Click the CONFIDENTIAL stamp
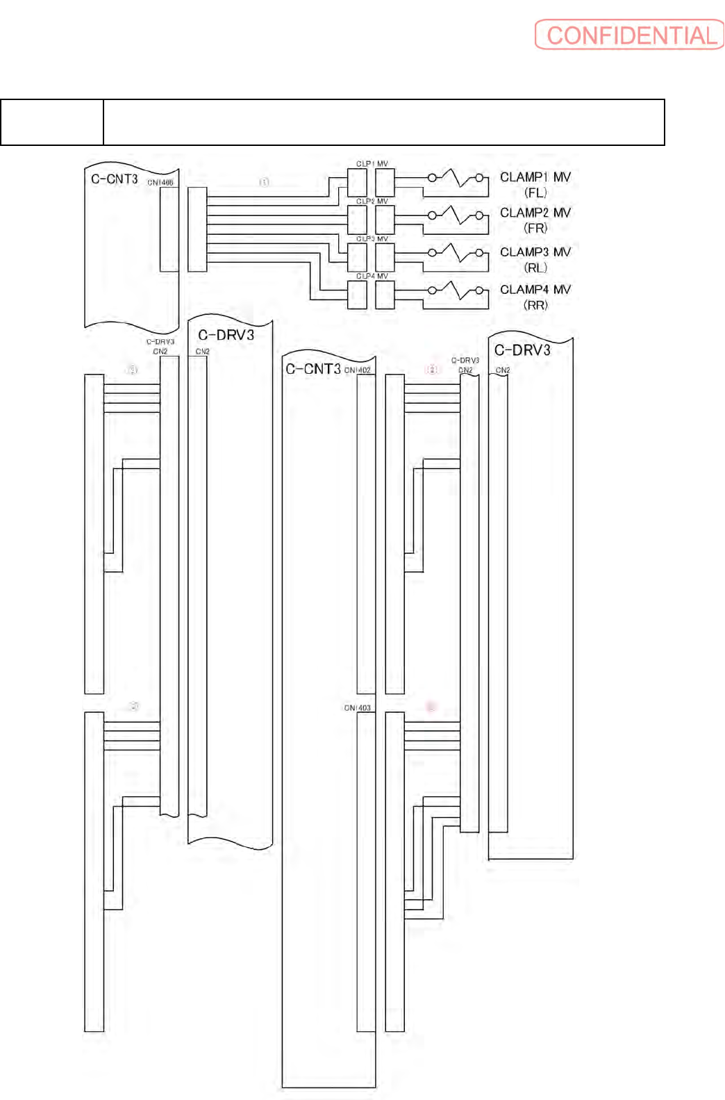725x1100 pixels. click(x=629, y=35)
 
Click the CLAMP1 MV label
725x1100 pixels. click(x=535, y=177)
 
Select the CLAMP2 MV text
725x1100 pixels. click(x=535, y=213)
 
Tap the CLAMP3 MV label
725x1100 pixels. click(x=535, y=252)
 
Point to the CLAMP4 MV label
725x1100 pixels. click(x=535, y=289)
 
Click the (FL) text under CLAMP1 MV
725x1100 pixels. click(x=535, y=193)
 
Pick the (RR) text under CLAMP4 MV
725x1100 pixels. click(x=535, y=305)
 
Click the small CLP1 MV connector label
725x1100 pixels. click(x=372, y=164)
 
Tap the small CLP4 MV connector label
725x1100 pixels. click(x=372, y=277)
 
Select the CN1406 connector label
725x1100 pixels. click(x=160, y=183)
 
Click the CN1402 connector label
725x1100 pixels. click(x=358, y=370)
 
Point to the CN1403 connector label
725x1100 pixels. click(x=358, y=708)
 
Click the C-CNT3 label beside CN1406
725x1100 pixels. click(x=115, y=179)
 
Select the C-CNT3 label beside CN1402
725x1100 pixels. click(x=313, y=369)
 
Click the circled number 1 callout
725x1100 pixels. click(x=264, y=182)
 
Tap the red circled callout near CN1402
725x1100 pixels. click(x=432, y=369)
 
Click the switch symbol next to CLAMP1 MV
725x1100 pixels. click(x=456, y=178)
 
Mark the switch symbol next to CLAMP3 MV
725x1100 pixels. click(x=456, y=252)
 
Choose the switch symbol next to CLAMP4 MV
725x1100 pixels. click(x=456, y=290)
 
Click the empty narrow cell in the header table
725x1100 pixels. click(x=52, y=122)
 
